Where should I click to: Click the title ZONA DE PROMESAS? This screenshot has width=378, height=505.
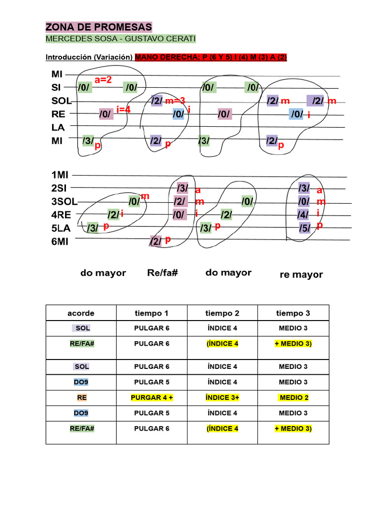tap(98, 27)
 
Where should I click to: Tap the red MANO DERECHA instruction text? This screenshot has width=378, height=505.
tap(211, 57)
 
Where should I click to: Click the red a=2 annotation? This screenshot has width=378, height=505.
tap(104, 80)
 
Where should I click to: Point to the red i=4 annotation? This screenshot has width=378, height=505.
tap(124, 109)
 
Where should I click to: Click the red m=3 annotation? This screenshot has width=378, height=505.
tap(175, 101)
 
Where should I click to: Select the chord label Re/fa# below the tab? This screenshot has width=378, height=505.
tap(162, 273)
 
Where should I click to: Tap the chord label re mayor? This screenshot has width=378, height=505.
tap(301, 275)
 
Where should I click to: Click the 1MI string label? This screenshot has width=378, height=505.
tap(61, 175)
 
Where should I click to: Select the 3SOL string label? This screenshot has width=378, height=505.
tap(64, 202)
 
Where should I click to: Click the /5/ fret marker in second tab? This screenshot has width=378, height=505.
tap(304, 228)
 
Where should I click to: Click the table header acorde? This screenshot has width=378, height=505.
tap(81, 313)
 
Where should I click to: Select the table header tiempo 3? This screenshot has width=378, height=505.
tap(293, 313)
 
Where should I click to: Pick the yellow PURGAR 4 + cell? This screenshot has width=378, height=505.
tap(152, 397)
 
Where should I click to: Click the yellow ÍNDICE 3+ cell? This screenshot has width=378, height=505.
tap(222, 397)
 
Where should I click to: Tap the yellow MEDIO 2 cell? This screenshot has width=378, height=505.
tap(293, 397)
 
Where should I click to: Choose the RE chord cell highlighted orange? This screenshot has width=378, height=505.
tap(81, 397)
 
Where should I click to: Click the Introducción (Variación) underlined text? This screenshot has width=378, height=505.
tap(89, 57)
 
